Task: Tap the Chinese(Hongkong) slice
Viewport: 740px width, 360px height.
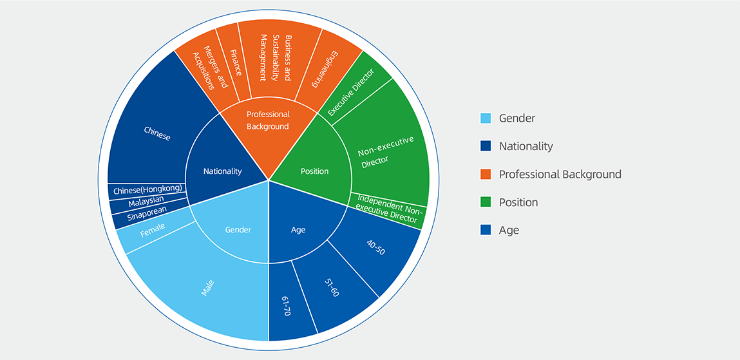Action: tap(147, 191)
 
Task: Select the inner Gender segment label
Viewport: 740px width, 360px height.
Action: tap(238, 230)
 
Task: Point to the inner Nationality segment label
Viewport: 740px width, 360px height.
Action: tap(222, 171)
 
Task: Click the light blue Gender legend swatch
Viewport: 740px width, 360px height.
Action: tap(486, 118)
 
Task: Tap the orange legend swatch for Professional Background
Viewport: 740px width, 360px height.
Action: tap(486, 175)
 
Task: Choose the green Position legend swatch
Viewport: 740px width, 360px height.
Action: tap(486, 202)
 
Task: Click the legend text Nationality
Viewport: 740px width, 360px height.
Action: tap(526, 146)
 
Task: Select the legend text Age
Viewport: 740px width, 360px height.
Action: tap(509, 230)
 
